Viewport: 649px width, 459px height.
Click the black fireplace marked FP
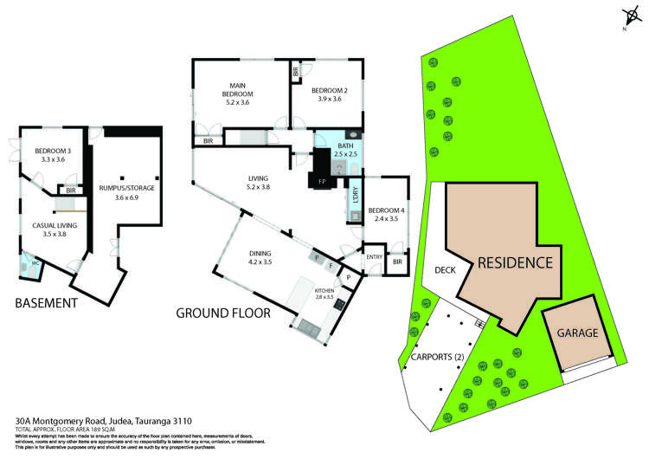coord(321,171)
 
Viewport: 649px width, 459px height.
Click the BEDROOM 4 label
coord(384,214)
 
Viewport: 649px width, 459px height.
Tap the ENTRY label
coord(374,257)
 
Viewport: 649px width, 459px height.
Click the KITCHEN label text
coord(324,292)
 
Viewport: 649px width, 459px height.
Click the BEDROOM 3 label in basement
coord(50,155)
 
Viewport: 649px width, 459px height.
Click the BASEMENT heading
coord(47,303)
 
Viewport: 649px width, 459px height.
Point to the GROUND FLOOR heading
coord(222,313)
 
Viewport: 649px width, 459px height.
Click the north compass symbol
coord(628,17)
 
